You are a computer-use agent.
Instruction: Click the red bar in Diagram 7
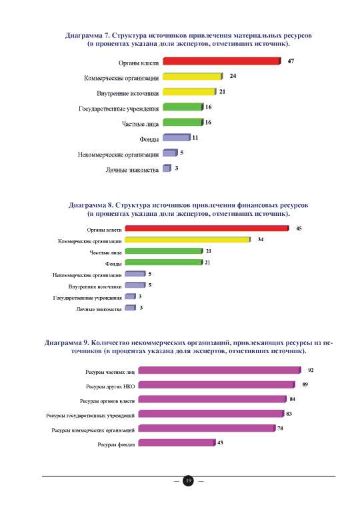tap(222, 61)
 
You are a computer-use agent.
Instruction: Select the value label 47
tap(291, 61)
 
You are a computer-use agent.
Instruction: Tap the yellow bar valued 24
tap(193, 77)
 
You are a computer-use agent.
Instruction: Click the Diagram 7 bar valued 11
tap(177, 137)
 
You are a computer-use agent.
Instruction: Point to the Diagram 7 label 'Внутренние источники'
tap(128, 93)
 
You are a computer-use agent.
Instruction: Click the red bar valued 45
tap(207, 229)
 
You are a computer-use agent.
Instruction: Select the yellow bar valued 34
tap(188, 240)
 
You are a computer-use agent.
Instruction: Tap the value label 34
tap(261, 240)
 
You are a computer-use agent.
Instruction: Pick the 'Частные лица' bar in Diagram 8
tap(164, 251)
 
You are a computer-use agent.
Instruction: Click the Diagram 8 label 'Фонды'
tap(113, 264)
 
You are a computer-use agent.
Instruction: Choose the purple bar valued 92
tap(220, 370)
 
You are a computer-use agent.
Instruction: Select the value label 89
tap(305, 384)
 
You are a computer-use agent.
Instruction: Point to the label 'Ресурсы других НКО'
tap(111, 386)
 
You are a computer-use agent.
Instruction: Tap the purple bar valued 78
tap(207, 428)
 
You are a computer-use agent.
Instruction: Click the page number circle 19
tap(189, 481)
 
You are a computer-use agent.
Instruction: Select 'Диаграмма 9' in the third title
tap(67, 343)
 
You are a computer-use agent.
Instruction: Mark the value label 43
tap(220, 443)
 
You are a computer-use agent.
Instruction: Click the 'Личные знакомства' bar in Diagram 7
tap(167, 168)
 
